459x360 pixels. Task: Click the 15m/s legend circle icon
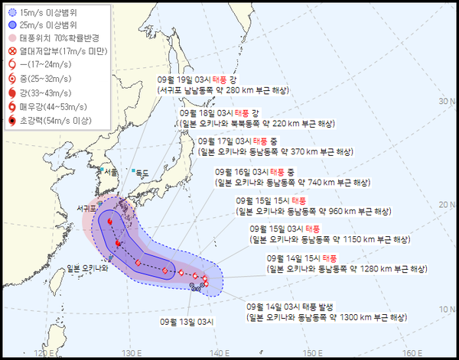12,13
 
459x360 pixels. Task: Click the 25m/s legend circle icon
12,24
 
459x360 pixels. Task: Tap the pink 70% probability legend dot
12,37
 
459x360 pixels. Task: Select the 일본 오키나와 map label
88,268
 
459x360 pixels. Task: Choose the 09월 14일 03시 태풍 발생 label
287,306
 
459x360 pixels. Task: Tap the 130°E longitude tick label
132,352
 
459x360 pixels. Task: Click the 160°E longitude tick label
412,352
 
